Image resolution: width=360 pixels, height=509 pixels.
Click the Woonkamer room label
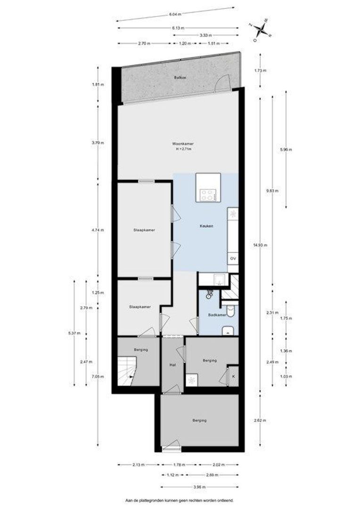coord(183,144)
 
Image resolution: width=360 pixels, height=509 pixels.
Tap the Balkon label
coord(178,77)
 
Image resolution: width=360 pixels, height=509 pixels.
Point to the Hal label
coord(172,365)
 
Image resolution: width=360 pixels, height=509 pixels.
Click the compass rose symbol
coord(261,30)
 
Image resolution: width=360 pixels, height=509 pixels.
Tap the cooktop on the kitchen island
coord(207,194)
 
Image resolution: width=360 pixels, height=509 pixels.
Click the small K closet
coord(233,377)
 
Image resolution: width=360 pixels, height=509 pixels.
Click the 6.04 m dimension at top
coord(176,15)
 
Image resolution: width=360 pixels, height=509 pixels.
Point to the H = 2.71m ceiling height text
coord(183,149)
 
